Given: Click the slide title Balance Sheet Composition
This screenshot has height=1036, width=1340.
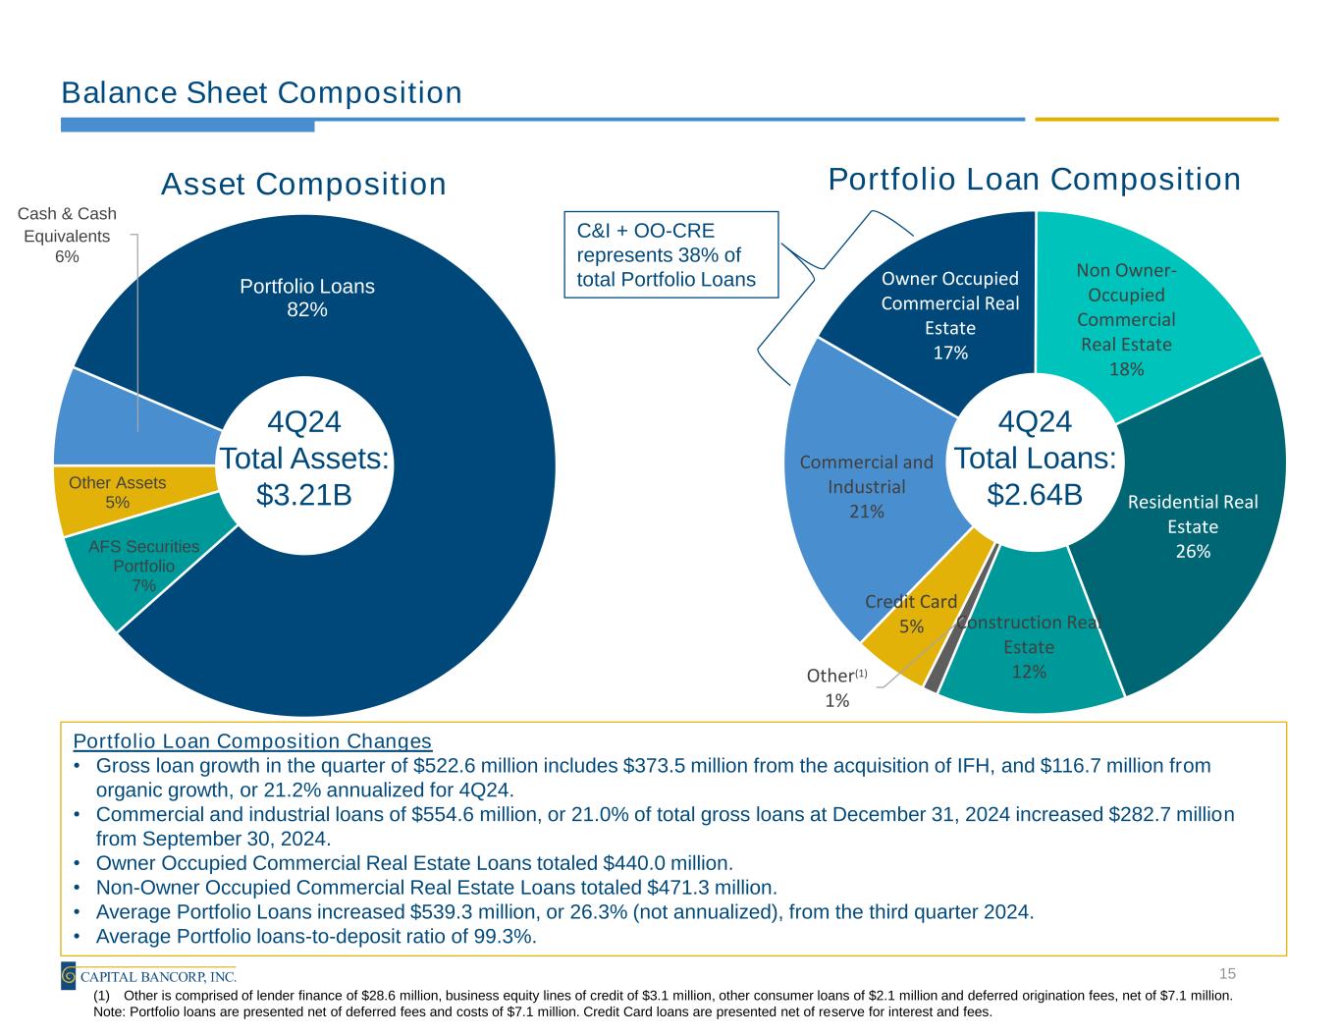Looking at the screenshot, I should coord(261,93).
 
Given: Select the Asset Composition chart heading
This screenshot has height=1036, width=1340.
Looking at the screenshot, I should coord(303,185).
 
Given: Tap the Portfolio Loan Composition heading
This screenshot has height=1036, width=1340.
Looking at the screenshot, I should coord(1034,180).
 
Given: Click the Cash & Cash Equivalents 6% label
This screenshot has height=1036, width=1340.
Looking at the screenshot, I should coord(67,235).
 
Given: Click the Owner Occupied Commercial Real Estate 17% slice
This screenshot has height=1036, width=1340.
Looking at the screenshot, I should coord(949,315).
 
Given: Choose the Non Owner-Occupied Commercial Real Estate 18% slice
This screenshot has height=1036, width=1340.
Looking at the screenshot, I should coord(1126,319).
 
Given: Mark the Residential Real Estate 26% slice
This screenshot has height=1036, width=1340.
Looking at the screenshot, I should coord(1192,526).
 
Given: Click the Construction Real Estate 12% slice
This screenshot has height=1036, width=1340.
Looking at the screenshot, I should coord(1029,647).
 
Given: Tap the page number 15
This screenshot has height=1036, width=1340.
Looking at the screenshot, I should coord(1226,973).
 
